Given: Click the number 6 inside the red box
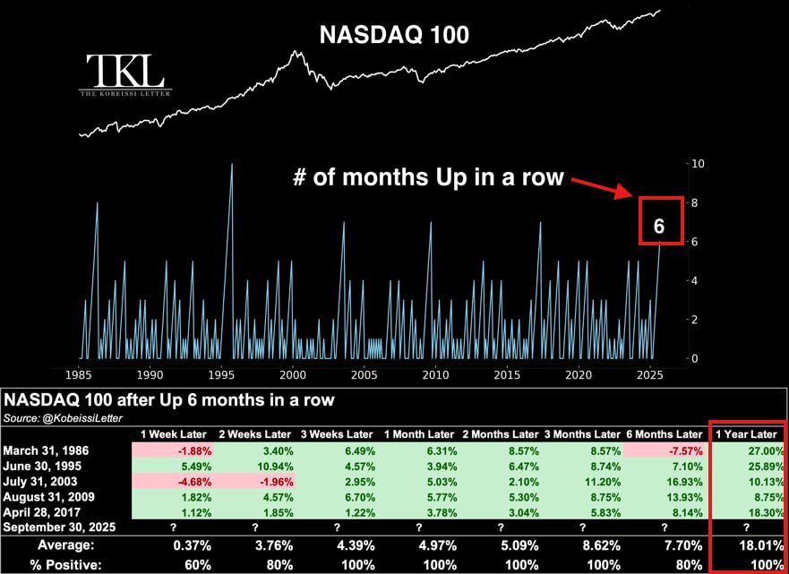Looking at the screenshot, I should pyautogui.click(x=659, y=226).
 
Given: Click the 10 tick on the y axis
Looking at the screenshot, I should pyautogui.click(x=696, y=164).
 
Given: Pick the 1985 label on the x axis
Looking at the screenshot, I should pyautogui.click(x=78, y=373).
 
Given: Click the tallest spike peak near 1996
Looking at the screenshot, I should pyautogui.click(x=232, y=165).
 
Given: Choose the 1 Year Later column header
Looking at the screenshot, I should pyautogui.click(x=745, y=433).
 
